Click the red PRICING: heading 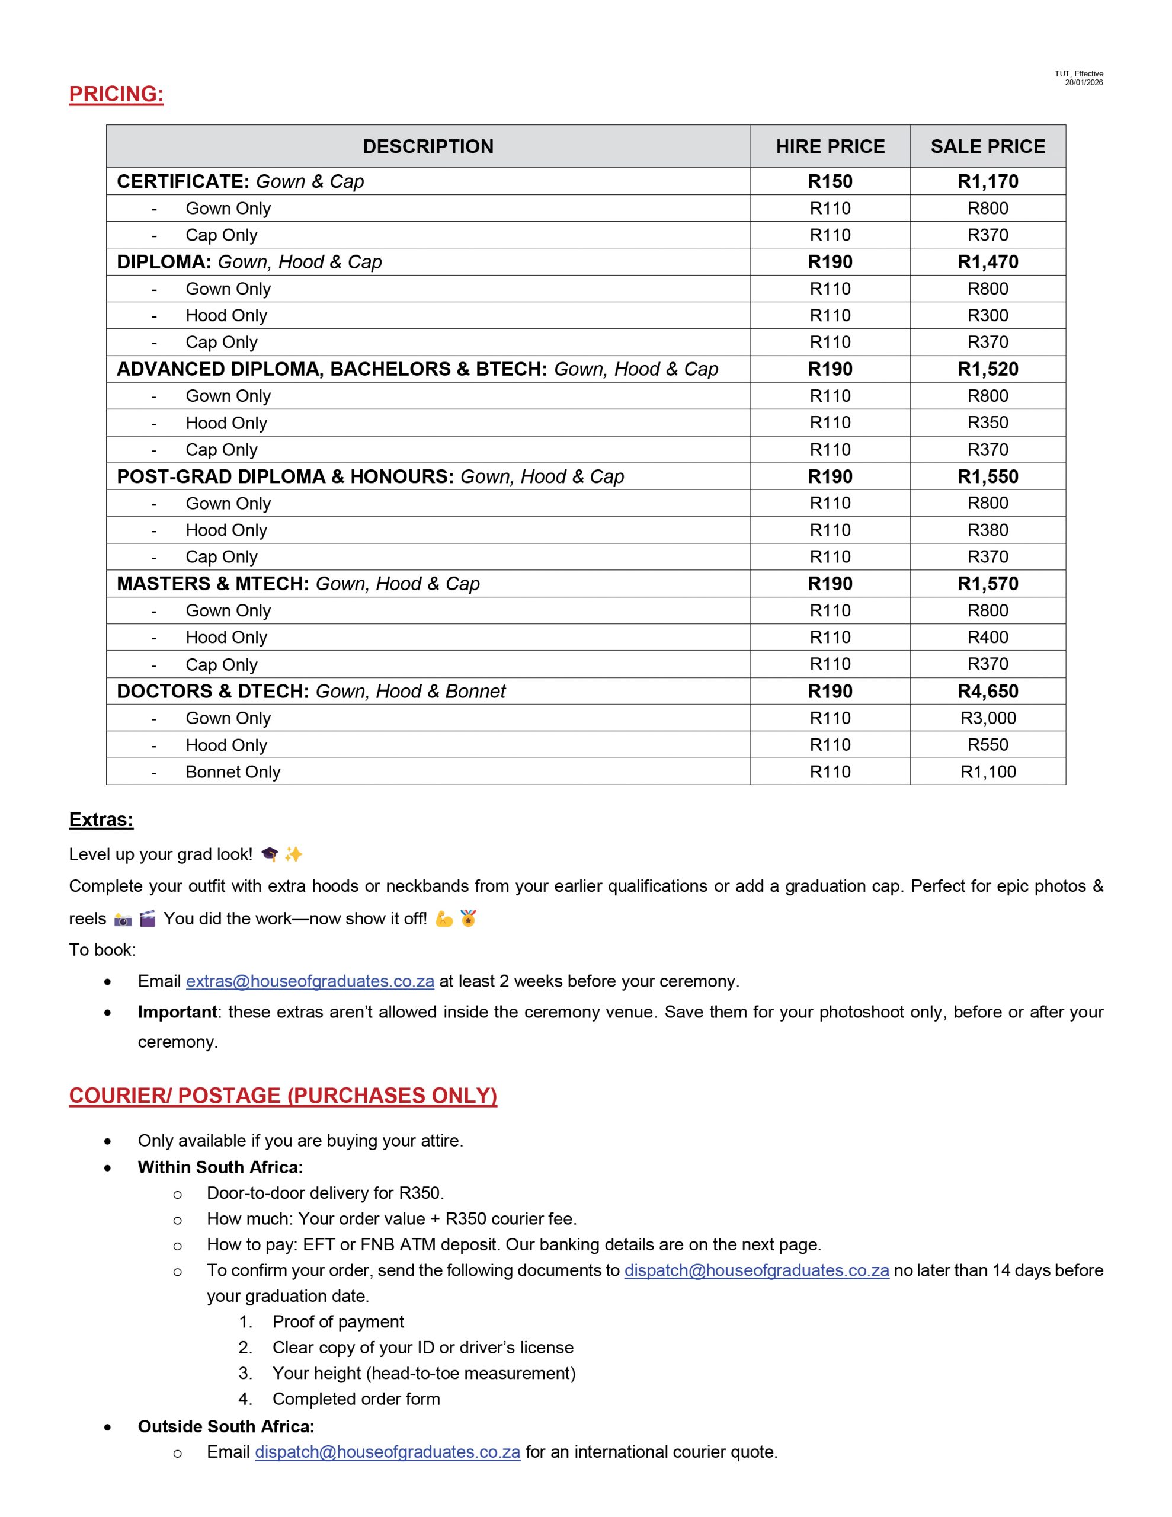(116, 94)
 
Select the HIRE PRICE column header (830, 146)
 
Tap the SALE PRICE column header (987, 146)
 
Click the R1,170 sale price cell (987, 181)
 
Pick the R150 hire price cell (830, 181)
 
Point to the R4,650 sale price (987, 691)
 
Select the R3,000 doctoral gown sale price (987, 718)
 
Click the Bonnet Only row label (233, 772)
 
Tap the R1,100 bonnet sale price (987, 772)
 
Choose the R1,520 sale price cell (987, 369)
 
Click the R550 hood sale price (987, 745)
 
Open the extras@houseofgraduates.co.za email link (310, 981)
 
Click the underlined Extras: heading (101, 820)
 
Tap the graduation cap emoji (270, 854)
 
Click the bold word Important (177, 1012)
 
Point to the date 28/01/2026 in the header (1083, 82)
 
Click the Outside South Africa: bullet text (226, 1426)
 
